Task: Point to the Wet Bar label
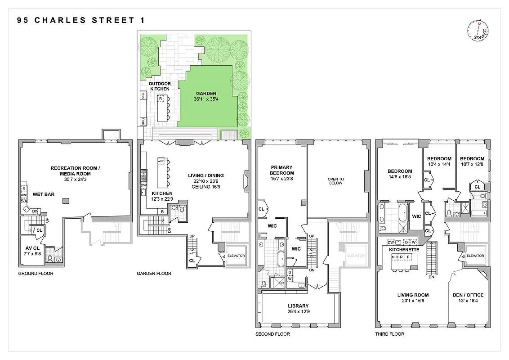tap(44, 194)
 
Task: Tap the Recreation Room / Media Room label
tap(75, 171)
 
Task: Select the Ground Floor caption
tap(36, 274)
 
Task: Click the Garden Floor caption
tap(154, 274)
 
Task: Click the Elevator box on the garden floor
tap(236, 256)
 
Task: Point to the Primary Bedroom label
tap(282, 170)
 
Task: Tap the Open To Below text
tap(336, 180)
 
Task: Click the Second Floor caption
tap(272, 334)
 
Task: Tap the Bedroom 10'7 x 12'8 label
tap(472, 162)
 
